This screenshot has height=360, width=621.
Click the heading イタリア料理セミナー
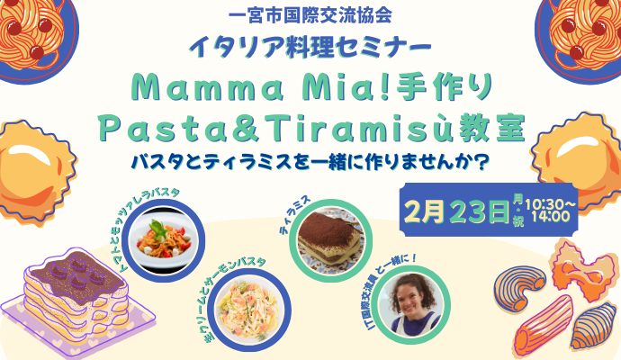(310, 45)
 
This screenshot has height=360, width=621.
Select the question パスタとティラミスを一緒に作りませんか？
(310, 166)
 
